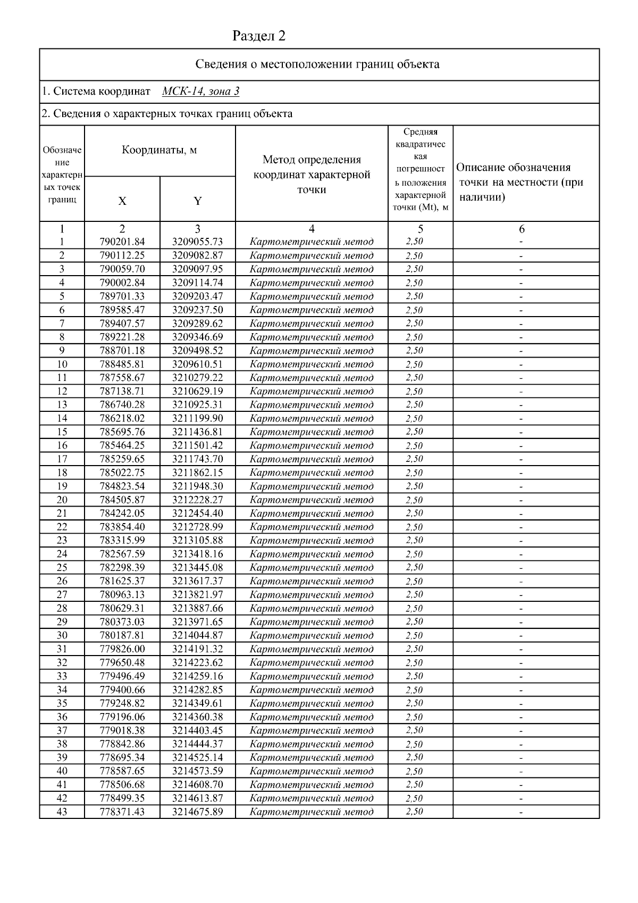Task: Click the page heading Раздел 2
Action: point(259,36)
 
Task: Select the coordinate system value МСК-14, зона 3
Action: point(200,91)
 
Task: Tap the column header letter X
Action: point(122,201)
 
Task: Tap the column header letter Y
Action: point(197,201)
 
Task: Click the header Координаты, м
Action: point(159,150)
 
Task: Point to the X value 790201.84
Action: point(122,242)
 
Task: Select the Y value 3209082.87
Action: point(197,255)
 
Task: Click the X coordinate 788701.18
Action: point(122,351)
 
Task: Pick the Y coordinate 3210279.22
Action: point(197,378)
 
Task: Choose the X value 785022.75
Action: point(122,473)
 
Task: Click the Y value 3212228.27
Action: point(197,500)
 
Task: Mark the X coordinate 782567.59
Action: point(122,554)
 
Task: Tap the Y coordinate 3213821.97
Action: point(197,594)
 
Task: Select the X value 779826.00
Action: point(122,649)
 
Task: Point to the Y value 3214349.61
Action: point(197,703)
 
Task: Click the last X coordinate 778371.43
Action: point(122,811)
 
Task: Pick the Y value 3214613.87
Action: point(197,798)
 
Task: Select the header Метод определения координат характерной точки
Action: point(312,175)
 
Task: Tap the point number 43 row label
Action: point(62,811)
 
